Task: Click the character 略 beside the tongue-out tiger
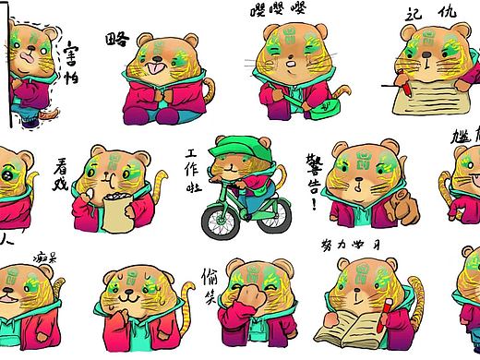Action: coord(117,40)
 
